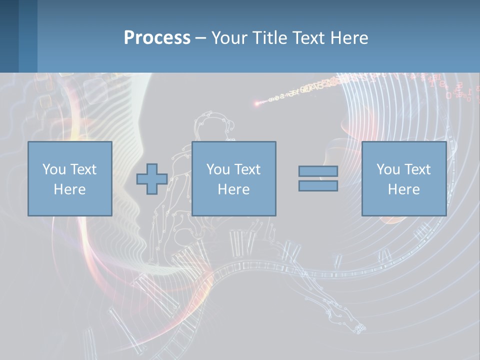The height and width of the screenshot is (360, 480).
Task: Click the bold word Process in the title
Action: point(157,38)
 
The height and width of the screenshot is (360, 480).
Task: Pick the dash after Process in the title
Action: point(200,38)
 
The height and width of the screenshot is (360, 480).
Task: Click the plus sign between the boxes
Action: point(152,179)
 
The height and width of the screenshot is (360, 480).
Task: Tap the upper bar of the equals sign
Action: point(318,171)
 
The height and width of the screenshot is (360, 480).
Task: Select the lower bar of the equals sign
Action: point(318,186)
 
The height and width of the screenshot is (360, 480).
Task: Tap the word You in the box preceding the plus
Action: point(53,169)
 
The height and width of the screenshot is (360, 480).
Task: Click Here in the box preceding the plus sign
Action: point(69,189)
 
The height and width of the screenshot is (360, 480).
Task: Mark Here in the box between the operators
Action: point(233,189)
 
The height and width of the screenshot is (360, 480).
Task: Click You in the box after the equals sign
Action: point(388,169)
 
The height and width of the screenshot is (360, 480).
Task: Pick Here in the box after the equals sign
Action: point(403,189)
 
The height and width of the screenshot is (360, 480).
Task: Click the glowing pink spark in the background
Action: point(257,104)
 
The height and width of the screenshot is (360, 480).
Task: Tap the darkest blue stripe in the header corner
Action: point(9,36)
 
